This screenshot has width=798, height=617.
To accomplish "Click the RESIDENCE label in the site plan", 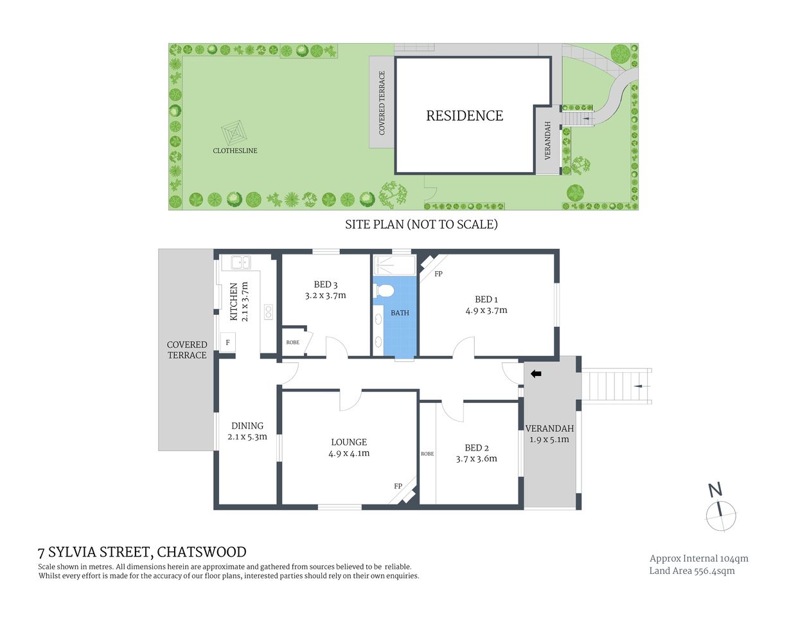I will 465,116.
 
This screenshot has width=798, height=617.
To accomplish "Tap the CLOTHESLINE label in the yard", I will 235,150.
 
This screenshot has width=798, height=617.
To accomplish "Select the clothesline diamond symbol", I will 235,133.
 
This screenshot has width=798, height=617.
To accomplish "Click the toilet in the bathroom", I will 384,291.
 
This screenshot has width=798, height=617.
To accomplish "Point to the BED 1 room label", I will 486,299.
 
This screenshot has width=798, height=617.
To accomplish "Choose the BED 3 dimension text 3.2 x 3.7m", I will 325,296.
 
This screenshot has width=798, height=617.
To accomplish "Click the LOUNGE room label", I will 349,442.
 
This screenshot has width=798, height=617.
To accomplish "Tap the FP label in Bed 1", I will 439,274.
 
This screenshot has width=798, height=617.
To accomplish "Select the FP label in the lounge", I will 398,486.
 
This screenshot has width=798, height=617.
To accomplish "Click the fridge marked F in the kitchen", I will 227,343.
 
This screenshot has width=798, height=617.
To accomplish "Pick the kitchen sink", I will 240,262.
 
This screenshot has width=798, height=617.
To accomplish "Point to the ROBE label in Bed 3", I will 292,343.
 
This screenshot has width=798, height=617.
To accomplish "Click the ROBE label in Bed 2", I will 427,454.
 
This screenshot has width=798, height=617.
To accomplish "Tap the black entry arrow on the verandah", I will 536,373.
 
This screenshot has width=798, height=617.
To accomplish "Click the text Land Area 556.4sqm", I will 691,571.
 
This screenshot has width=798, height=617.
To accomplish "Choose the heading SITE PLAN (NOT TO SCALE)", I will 421,224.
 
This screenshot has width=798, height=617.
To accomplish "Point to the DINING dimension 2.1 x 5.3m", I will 247,437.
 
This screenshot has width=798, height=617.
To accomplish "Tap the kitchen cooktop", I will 268,312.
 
